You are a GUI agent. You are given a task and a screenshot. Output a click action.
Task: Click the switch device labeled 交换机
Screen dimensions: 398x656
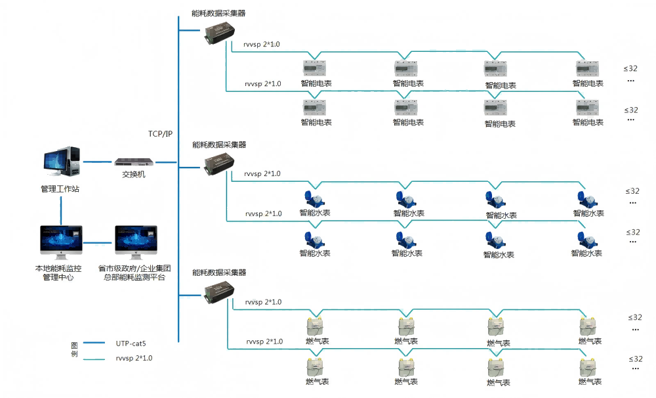pyautogui.click(x=134, y=162)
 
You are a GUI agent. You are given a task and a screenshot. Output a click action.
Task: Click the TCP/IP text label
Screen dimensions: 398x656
pyautogui.click(x=160, y=134)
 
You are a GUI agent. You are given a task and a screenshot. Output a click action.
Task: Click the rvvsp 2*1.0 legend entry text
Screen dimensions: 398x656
pyautogui.click(x=134, y=359)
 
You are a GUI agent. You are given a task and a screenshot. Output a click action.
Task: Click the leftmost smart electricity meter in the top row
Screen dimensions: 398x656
pyautogui.click(x=316, y=68)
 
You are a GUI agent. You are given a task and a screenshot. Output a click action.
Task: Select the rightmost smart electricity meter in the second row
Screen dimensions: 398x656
pyautogui.click(x=586, y=108)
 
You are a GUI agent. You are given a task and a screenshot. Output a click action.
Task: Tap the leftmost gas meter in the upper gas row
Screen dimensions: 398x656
pyautogui.click(x=317, y=327)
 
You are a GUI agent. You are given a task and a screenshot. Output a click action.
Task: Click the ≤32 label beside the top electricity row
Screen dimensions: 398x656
pyautogui.click(x=630, y=68)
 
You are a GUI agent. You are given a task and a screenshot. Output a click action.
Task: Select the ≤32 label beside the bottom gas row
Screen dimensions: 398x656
pyautogui.click(x=635, y=359)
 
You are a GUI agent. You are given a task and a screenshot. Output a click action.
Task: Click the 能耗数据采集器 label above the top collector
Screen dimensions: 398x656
pyautogui.click(x=218, y=13)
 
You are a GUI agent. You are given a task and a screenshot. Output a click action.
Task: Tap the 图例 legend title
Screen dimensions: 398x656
pyautogui.click(x=74, y=349)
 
